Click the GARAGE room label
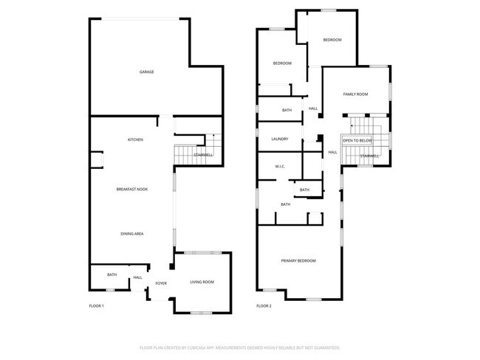147,72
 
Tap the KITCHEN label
135,139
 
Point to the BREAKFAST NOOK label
132,190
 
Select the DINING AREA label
132,234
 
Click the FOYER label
161,283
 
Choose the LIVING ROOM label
202,282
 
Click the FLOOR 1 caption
97,305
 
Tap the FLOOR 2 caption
264,305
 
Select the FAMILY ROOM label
356,94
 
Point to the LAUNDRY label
279,139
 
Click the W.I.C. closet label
281,167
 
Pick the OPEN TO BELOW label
357,140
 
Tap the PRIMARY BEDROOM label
298,261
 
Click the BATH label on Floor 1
112,274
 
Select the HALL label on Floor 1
137,278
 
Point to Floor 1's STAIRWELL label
203,156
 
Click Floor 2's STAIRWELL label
370,156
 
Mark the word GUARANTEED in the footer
323,347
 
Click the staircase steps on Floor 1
182,155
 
